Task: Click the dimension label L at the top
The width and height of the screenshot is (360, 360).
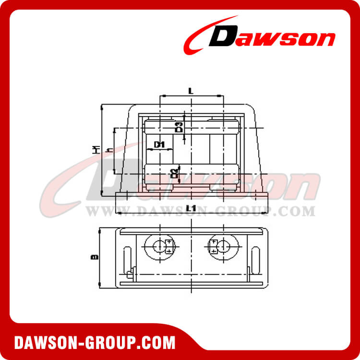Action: (x=191, y=90)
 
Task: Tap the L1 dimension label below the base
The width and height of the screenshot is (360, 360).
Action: (x=191, y=208)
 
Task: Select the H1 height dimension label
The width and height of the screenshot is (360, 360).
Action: (x=96, y=150)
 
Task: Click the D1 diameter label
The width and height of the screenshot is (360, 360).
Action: (x=159, y=144)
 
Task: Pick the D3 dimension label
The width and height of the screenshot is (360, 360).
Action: (x=179, y=127)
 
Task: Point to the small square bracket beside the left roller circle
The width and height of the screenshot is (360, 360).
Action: (x=169, y=247)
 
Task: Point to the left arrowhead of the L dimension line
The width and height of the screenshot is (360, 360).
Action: (x=161, y=96)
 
